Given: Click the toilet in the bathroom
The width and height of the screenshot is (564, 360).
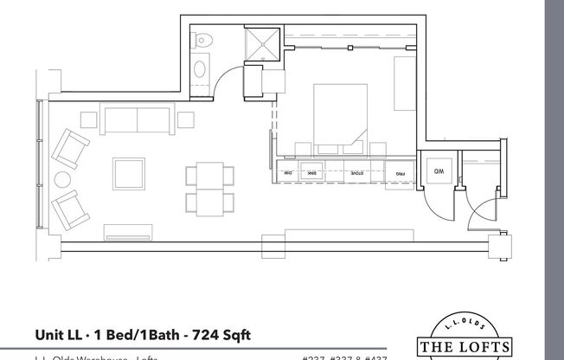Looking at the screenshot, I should [201, 39].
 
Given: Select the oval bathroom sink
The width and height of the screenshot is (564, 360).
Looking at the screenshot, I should [201, 68].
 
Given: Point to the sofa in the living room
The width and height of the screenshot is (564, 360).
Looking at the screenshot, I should [138, 119].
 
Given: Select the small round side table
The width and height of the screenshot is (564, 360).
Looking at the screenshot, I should [63, 181].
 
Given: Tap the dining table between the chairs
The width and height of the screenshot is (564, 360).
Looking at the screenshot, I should [210, 190].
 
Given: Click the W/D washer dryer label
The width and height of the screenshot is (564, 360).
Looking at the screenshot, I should [439, 171].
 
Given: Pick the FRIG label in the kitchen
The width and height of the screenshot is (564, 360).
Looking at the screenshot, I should [401, 174].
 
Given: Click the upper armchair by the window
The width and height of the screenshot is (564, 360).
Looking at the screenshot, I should [69, 147].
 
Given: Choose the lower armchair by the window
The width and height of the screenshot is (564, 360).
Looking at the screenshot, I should [69, 209].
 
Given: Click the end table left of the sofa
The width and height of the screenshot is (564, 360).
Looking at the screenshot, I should [88, 119].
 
